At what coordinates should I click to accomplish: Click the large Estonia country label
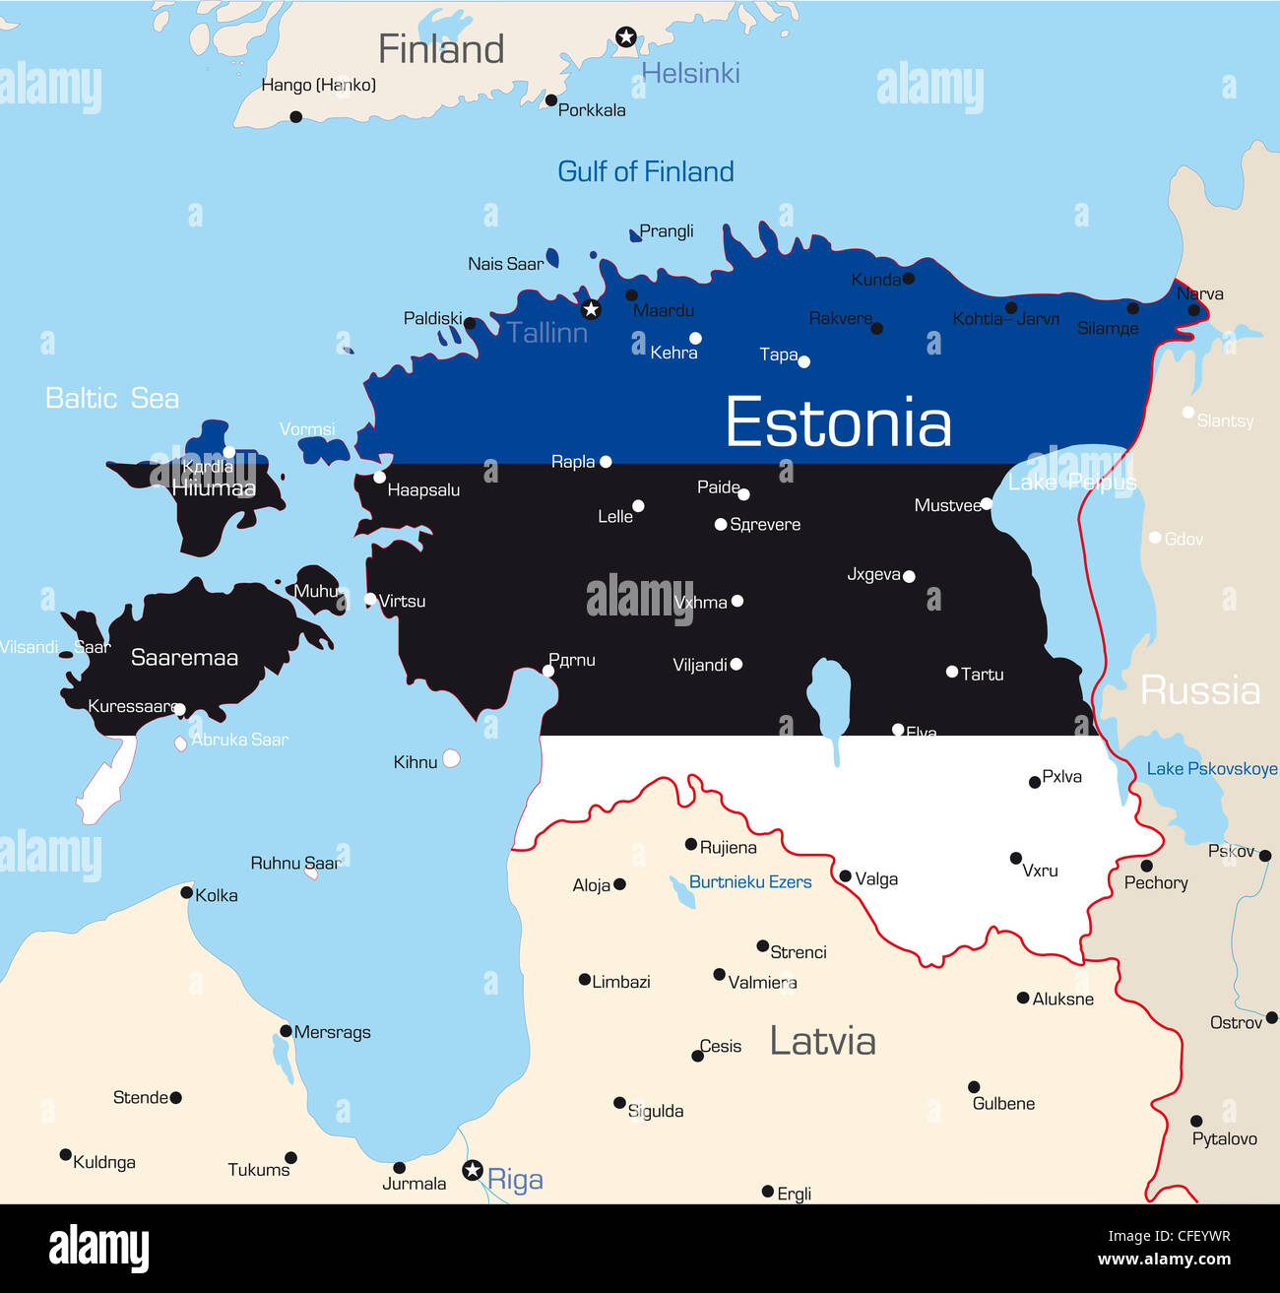click(x=838, y=422)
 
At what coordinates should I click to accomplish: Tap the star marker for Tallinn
click(x=591, y=309)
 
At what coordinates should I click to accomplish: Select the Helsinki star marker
click(x=625, y=37)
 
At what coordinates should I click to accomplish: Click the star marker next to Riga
click(x=473, y=1170)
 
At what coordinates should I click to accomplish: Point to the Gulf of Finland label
click(x=645, y=171)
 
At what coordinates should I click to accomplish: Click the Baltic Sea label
click(x=112, y=398)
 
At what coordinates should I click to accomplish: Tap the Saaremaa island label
click(x=184, y=658)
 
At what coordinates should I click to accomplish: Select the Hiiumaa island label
click(x=214, y=487)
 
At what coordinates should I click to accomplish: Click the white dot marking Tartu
click(x=952, y=672)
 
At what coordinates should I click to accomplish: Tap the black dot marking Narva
click(x=1193, y=310)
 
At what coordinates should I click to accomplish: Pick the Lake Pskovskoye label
click(x=1211, y=769)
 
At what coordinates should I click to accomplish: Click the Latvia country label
click(x=822, y=1041)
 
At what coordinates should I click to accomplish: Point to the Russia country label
click(x=1199, y=690)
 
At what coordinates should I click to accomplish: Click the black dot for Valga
click(x=845, y=875)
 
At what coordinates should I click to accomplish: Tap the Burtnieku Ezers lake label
click(x=749, y=882)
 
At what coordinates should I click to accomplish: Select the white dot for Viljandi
click(x=736, y=665)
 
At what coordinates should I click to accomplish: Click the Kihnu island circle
click(x=451, y=758)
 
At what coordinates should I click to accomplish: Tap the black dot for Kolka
click(x=186, y=892)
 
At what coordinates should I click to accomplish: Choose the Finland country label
click(x=440, y=49)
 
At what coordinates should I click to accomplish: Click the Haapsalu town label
click(x=423, y=490)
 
